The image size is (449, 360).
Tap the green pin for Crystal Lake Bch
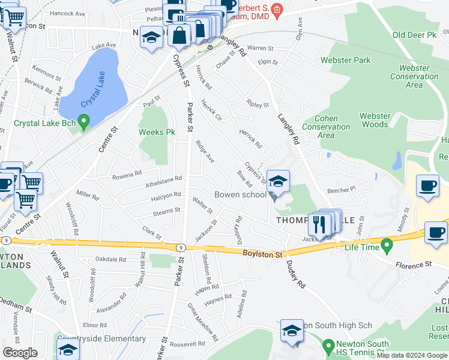[x=84, y=123]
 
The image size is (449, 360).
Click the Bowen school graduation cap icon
[x=278, y=181]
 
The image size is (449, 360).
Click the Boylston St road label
[x=262, y=254]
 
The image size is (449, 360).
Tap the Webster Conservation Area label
[x=414, y=76]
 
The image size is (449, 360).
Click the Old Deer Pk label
[x=414, y=35]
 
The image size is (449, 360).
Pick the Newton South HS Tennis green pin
[x=328, y=346]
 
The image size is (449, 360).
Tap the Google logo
[x=20, y=353]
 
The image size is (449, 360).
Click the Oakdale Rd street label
[x=110, y=259]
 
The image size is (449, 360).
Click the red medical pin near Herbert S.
[x=276, y=8]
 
